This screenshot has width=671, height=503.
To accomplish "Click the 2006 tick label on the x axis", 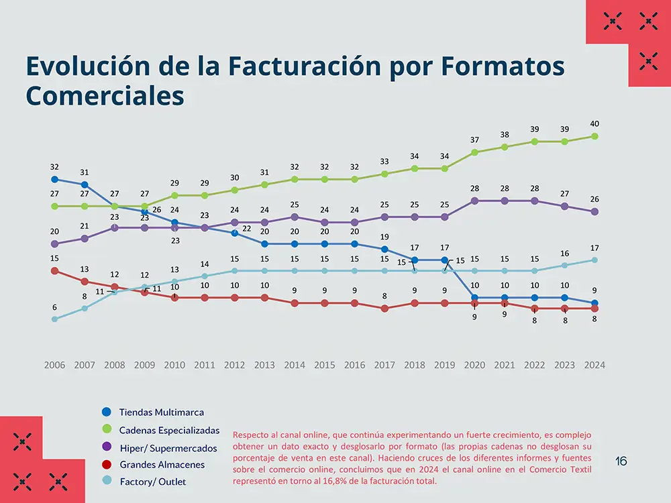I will tap(54, 365).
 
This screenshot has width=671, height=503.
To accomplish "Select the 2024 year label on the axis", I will tap(595, 365).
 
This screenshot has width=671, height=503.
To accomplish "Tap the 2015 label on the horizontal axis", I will tap(325, 365).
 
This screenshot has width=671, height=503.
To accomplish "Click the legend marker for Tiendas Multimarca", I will tap(106, 412).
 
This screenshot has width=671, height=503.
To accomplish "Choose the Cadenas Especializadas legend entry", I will tap(169, 429).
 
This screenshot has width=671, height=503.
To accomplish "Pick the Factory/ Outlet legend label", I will tap(153, 482).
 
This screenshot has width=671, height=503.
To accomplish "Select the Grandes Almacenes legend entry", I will tap(162, 464).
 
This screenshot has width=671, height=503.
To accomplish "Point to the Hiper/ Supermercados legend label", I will tap(168, 447).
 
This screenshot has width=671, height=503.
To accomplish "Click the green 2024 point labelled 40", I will tap(595, 136).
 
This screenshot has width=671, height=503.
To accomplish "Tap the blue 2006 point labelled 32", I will tap(54, 179).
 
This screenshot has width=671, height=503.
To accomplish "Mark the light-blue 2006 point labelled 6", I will tap(54, 319).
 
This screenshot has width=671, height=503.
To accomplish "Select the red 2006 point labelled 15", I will tap(54, 270).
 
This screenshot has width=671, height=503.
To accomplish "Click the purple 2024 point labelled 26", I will tap(595, 212).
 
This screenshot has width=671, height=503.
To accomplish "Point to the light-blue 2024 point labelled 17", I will tap(595, 260).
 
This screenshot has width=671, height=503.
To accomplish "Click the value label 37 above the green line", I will tap(474, 139).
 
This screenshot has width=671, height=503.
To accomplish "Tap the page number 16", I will tap(621, 461).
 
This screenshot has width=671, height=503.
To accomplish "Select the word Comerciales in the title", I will tap(105, 96).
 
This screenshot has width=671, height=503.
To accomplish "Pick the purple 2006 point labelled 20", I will tap(54, 244).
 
